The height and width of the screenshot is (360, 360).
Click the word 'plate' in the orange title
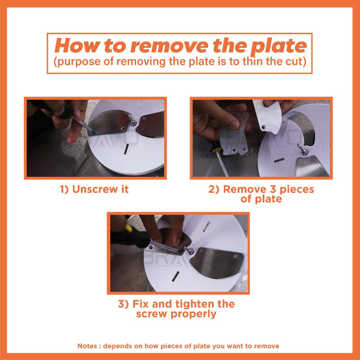pos(278,47)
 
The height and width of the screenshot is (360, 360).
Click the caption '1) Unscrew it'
pos(94,189)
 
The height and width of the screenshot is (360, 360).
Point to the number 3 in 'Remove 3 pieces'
pos(272,189)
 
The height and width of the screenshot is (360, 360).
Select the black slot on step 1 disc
pos(126,150)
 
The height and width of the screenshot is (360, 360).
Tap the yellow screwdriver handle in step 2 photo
pos(217,150)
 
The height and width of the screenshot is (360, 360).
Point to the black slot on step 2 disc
pos(279,160)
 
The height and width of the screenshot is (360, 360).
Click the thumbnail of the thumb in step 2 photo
pos(234,125)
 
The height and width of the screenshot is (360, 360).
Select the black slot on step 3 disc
pos(175,276)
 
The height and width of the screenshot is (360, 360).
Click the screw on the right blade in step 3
pos(235,256)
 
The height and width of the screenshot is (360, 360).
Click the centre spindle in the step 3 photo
pos(189,250)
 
